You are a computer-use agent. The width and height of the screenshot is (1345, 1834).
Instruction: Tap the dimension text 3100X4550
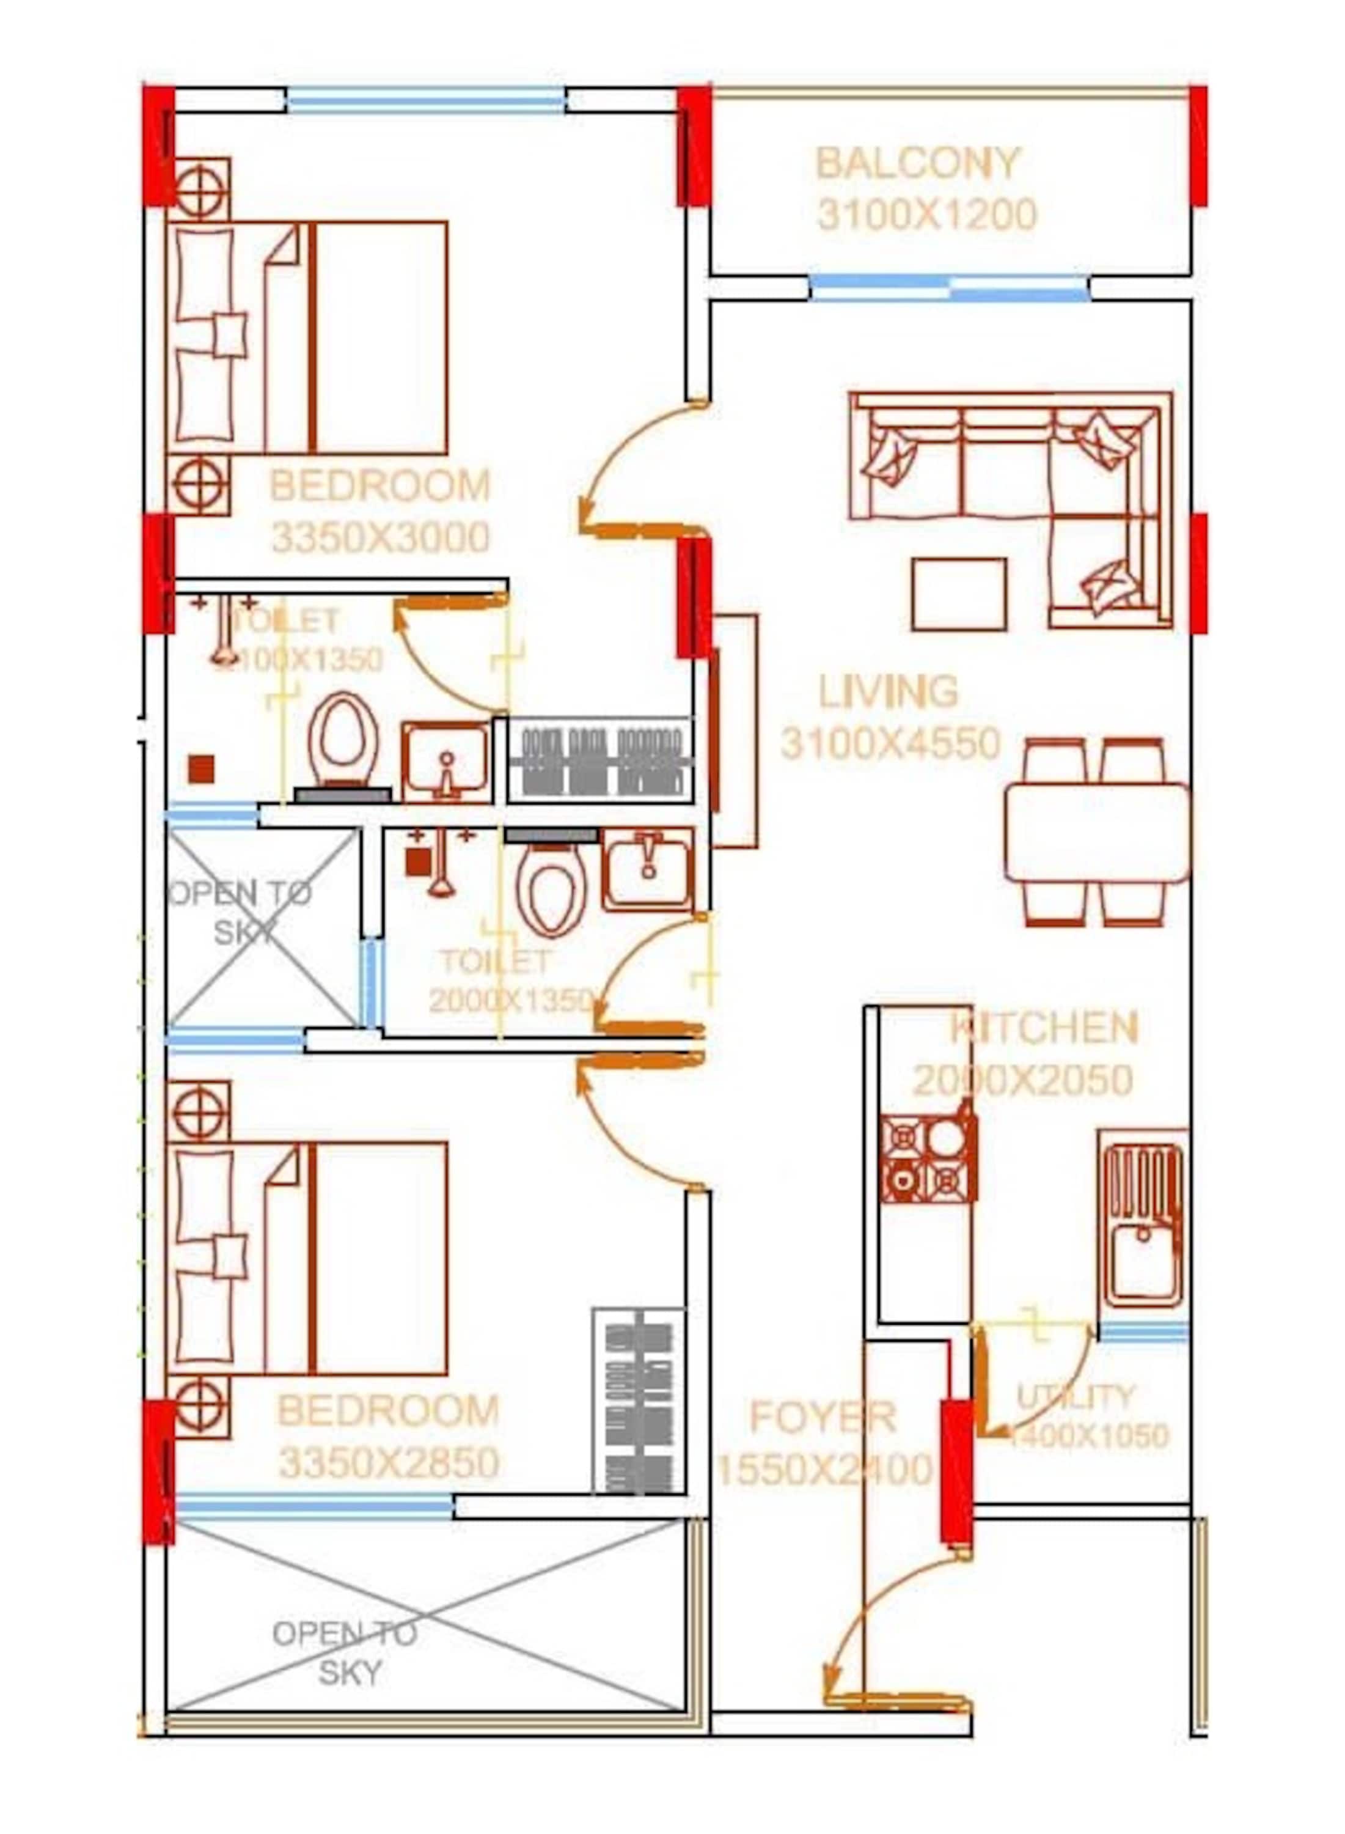[x=890, y=743]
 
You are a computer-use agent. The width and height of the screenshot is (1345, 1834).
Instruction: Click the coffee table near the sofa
[x=959, y=594]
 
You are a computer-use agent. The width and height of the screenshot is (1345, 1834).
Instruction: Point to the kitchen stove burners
[x=928, y=1158]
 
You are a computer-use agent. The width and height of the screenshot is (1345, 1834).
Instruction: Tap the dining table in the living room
[x=1096, y=832]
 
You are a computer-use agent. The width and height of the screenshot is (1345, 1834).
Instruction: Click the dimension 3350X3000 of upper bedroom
[x=380, y=537]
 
